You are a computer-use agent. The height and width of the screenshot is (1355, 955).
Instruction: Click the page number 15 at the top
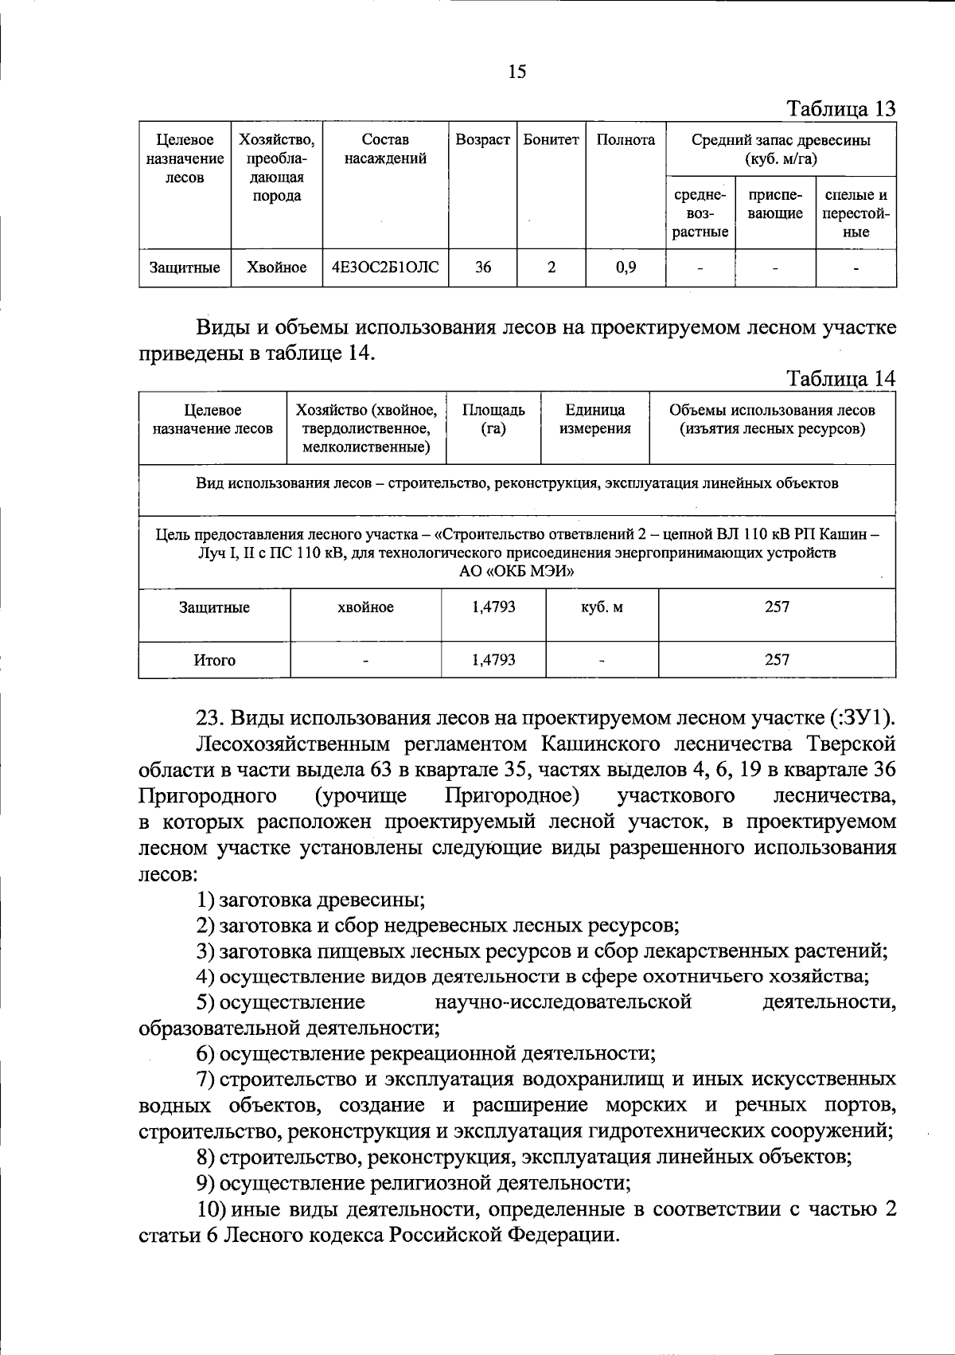(x=516, y=72)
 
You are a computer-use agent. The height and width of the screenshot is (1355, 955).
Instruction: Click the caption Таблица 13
(x=841, y=109)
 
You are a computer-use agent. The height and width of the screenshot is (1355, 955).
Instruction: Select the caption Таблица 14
(x=841, y=379)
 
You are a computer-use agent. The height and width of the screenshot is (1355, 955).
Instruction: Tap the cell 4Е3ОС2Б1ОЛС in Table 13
(x=385, y=268)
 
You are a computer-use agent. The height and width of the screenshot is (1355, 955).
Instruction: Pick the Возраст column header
(x=482, y=140)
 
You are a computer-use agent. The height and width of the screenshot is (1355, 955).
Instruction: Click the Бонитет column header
(x=551, y=140)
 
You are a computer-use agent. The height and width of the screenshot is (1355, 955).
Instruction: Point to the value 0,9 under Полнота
(x=626, y=268)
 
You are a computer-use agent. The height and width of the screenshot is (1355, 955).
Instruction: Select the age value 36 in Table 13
(x=482, y=268)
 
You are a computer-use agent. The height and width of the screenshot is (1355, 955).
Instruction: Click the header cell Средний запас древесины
(x=780, y=149)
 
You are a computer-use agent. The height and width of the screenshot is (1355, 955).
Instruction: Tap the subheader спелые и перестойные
(x=856, y=213)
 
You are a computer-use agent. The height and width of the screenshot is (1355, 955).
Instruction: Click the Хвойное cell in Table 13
(x=276, y=268)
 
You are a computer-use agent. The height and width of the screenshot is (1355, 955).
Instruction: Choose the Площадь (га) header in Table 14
(x=493, y=420)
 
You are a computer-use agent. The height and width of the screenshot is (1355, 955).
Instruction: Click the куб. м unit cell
(x=602, y=607)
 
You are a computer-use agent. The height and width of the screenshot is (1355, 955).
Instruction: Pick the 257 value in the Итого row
(x=777, y=659)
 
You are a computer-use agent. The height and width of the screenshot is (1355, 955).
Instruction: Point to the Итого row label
(x=214, y=660)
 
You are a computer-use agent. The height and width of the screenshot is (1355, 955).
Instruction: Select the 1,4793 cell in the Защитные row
(x=493, y=607)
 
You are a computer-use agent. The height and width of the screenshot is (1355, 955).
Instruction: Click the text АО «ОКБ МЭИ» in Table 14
(x=516, y=572)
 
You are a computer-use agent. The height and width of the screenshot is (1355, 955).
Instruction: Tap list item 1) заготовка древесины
(x=310, y=900)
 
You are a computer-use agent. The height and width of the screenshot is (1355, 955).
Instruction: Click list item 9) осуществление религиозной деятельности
(x=414, y=1182)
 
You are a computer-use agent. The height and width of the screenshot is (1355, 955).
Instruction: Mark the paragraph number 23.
(x=211, y=718)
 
